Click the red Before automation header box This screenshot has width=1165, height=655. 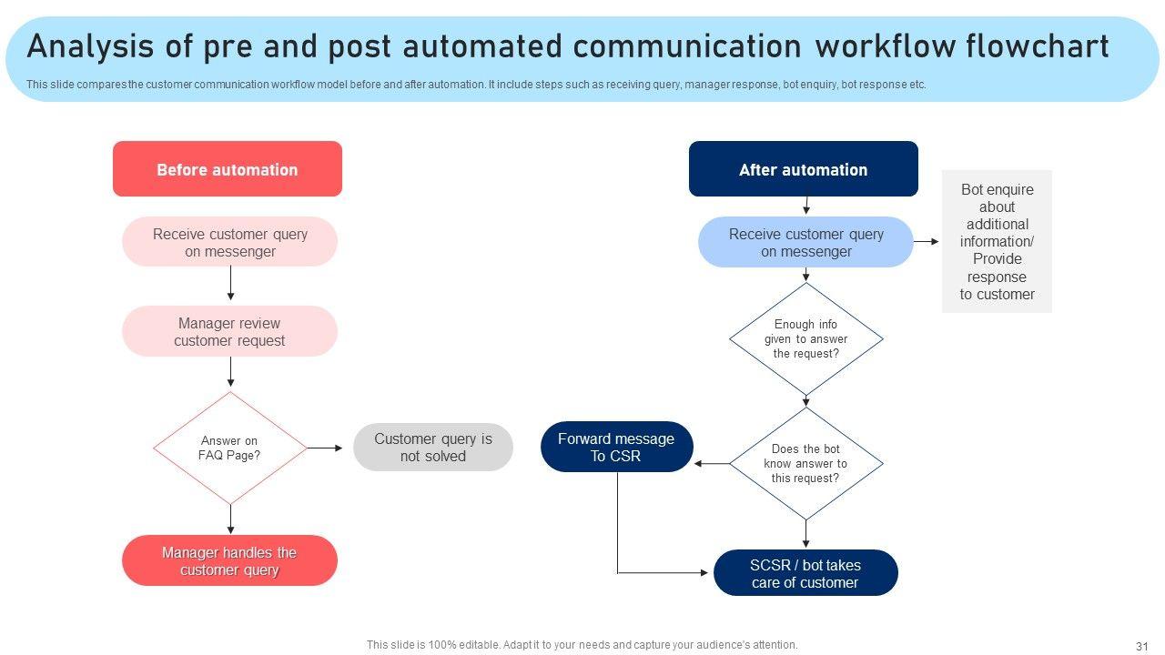click(228, 169)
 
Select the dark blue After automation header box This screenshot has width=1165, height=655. click(804, 169)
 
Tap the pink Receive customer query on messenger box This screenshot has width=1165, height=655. click(230, 242)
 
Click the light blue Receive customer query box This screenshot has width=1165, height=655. click(805, 242)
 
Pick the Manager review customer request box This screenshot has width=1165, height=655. click(230, 331)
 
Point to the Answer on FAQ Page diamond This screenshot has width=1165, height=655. click(230, 448)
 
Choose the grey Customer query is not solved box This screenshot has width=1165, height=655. click(433, 447)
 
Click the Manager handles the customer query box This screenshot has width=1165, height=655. click(230, 560)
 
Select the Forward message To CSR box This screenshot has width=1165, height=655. click(617, 447)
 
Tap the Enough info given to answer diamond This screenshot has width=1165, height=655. click(806, 339)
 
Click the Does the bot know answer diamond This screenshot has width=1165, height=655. click(806, 463)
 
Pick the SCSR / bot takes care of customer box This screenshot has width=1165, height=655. click(805, 573)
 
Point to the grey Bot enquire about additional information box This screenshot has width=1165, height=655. click(997, 241)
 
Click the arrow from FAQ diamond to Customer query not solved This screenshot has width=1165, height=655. click(325, 448)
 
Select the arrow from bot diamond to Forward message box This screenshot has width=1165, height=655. click(712, 463)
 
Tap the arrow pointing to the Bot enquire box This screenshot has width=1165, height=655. click(927, 241)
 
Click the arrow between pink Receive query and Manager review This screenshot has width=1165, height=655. click(230, 283)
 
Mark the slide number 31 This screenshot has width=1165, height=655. click(1141, 646)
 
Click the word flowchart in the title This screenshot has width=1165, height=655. click(1038, 46)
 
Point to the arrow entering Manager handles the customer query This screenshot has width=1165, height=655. click(230, 519)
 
